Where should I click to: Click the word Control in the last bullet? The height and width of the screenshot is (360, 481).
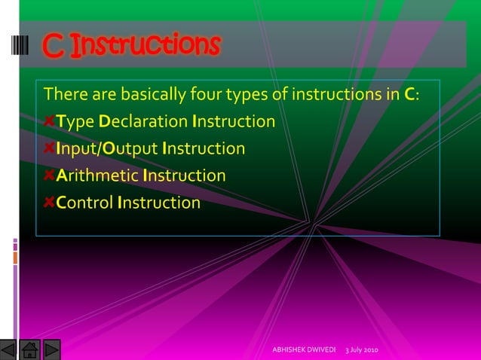[x=85, y=203]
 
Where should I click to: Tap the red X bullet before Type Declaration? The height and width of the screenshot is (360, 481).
[x=49, y=122]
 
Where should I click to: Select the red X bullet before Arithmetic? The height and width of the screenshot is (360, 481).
[x=49, y=176]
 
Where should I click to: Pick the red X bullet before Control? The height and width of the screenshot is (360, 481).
[x=49, y=203]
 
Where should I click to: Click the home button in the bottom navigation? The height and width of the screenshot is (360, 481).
[x=30, y=349]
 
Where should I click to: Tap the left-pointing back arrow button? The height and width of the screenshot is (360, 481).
[x=9, y=349]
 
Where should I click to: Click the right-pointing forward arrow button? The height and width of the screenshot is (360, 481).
[x=51, y=349]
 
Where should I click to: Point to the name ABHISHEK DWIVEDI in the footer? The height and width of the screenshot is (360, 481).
[x=304, y=351]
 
